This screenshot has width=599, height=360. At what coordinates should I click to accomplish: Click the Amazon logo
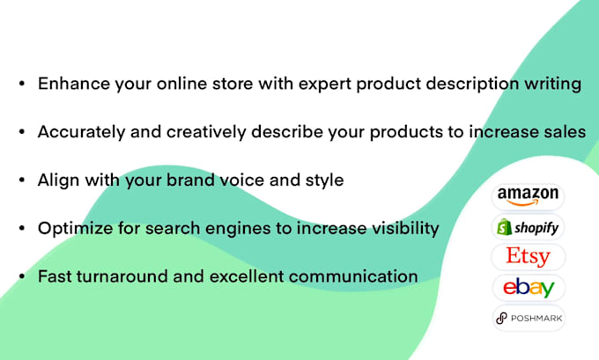(529, 195)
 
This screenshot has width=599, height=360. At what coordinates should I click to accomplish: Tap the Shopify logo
(529, 227)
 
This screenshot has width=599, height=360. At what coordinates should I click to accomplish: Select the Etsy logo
(529, 257)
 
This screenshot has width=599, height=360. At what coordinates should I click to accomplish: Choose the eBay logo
(529, 287)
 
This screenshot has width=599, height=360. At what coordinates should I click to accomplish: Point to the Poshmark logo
(529, 318)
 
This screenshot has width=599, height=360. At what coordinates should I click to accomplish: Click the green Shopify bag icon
(506, 227)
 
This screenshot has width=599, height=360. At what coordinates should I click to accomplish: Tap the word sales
(564, 132)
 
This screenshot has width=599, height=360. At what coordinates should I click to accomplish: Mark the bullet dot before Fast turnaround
(20, 277)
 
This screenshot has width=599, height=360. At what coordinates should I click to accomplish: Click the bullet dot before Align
(20, 181)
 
